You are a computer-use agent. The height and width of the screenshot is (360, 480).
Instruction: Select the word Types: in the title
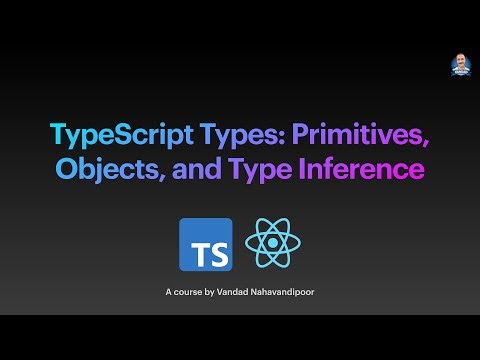coord(215,134)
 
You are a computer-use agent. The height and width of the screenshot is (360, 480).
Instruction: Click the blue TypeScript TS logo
coord(205,244)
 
